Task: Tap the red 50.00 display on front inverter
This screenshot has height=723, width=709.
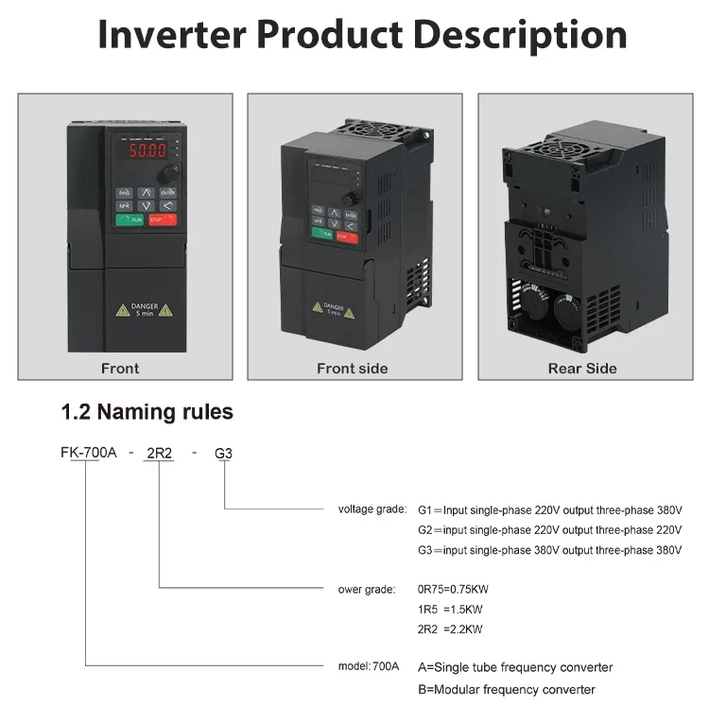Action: (x=141, y=149)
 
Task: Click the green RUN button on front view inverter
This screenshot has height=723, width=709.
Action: (x=130, y=219)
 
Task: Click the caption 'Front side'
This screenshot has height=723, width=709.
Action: (x=353, y=369)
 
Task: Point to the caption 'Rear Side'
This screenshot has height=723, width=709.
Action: (x=582, y=369)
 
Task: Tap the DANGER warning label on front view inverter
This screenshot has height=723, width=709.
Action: (x=145, y=309)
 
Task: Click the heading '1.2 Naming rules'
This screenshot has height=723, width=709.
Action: (x=147, y=412)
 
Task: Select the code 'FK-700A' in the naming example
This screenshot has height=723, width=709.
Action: (x=89, y=453)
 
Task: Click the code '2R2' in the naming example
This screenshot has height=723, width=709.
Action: (x=159, y=453)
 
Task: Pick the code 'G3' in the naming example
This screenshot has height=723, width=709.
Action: (x=223, y=453)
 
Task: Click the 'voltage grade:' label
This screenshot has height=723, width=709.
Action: (x=372, y=509)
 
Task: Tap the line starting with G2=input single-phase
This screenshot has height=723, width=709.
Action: (x=549, y=530)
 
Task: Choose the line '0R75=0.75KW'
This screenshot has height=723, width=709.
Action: (x=453, y=590)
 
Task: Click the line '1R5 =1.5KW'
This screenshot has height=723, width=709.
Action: (x=450, y=610)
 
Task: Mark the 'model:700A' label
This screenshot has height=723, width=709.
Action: (x=369, y=666)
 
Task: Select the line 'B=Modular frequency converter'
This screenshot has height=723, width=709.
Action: (x=507, y=689)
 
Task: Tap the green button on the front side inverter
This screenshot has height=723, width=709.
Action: (x=322, y=232)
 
